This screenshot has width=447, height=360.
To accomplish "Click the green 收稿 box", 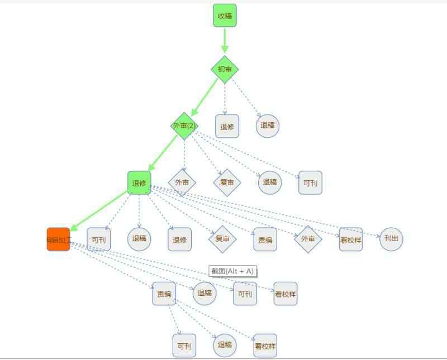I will coord(225,16).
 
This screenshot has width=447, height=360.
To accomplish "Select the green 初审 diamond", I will coord(225,69).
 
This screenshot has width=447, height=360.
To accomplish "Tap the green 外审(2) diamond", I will coord(184,126).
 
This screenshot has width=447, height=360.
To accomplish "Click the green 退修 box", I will coord(139,183).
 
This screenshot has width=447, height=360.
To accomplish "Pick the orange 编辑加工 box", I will coord(59,239).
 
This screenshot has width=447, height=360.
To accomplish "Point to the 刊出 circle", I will coord(391,239).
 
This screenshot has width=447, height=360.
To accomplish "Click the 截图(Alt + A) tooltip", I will coord(232,271).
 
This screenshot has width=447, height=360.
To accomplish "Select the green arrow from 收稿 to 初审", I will coord(225,40).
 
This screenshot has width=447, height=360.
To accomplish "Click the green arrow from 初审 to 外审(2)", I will coord(205,98).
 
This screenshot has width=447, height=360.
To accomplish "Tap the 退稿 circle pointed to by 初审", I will coord(268,126).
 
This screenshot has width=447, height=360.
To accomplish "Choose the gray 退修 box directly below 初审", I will coord(227,126).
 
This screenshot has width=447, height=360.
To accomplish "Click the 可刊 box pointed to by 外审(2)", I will coord(310,183).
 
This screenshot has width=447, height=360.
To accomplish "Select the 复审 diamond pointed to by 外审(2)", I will coord(227,182).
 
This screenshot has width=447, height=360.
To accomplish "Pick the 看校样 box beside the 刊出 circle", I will coord(350,239).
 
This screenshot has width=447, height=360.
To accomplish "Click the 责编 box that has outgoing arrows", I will coord(164,294).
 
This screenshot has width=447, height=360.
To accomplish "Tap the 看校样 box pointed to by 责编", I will coord(265,345).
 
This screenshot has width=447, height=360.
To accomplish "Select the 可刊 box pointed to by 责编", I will coord(184,345).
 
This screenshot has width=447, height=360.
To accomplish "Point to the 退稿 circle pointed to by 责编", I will coord(225,345).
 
